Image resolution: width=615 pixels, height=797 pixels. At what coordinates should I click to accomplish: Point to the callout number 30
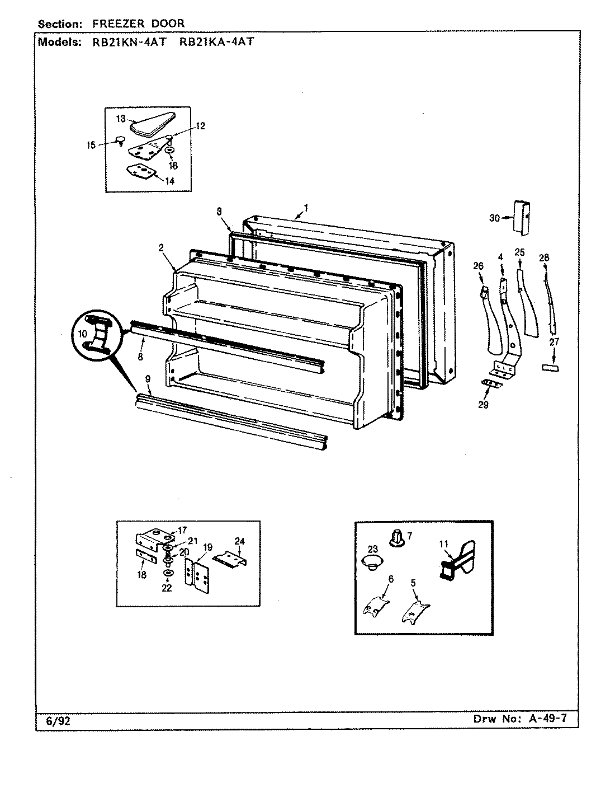click(494, 218)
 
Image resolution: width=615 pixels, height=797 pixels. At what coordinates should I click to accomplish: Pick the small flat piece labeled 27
click(551, 368)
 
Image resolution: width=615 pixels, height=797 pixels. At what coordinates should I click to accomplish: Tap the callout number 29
click(483, 405)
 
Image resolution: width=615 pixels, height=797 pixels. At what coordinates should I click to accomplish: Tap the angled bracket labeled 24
click(230, 558)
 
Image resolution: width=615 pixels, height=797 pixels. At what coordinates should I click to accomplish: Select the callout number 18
click(142, 575)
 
